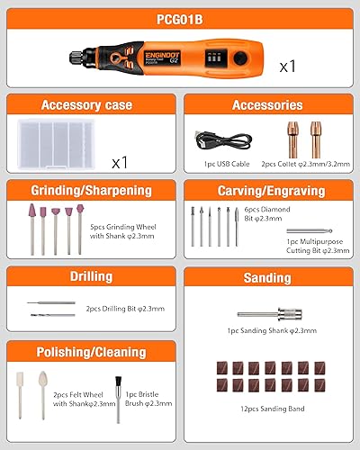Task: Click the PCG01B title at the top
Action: [x=179, y=15]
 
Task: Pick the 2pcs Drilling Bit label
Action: [x=125, y=308]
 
